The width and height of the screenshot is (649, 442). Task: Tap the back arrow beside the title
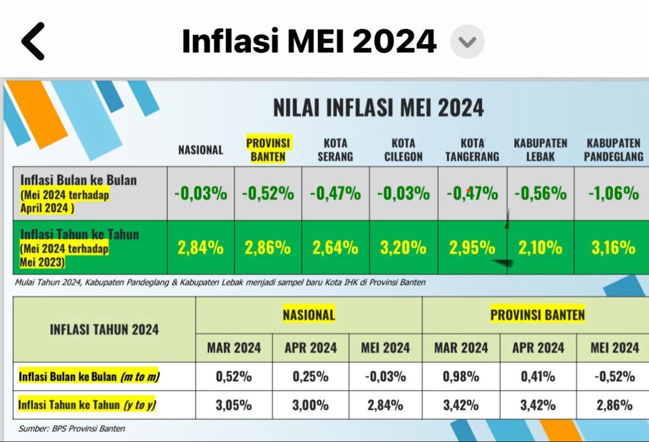click(33, 41)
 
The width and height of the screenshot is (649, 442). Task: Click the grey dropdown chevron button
click(467, 42)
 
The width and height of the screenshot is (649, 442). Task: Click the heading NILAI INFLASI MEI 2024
click(379, 108)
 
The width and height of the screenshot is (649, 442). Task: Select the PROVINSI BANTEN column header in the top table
click(268, 149)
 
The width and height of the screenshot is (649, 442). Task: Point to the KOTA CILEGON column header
click(404, 149)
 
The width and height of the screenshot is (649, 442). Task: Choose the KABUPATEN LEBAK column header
click(540, 149)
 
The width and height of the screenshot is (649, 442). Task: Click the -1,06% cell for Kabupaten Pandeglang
click(614, 193)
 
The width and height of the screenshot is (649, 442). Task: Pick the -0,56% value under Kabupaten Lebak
click(540, 193)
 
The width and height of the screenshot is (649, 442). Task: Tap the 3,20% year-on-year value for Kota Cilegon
click(404, 247)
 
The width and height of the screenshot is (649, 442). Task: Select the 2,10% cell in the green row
click(540, 247)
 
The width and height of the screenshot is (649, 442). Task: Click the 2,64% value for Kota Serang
click(335, 247)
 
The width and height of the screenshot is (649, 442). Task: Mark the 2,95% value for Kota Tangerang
click(472, 247)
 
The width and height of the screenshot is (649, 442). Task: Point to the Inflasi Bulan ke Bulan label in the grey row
click(79, 180)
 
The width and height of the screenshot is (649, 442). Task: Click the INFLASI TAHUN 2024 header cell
click(105, 330)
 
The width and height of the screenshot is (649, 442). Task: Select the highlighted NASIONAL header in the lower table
click(309, 314)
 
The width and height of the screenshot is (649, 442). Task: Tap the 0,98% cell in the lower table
click(461, 376)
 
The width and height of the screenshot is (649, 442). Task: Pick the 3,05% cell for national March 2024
click(233, 405)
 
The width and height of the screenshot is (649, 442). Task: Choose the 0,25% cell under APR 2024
click(310, 376)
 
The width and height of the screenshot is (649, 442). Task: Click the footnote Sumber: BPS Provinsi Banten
click(72, 428)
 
